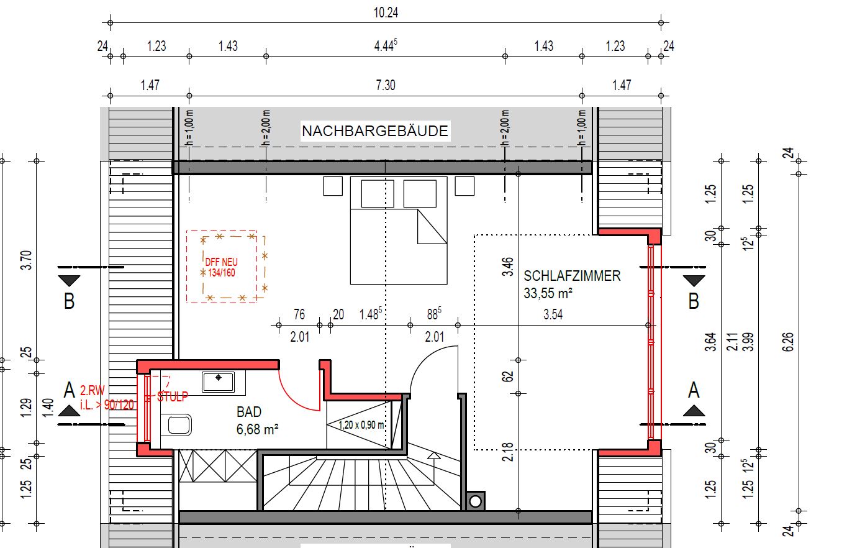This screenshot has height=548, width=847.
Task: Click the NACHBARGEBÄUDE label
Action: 374,131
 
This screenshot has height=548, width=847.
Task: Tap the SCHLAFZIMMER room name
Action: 572,276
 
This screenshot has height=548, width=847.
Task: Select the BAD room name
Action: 249,412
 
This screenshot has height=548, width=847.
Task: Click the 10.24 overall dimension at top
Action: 386,13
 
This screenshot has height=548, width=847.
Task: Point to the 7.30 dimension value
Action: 385,85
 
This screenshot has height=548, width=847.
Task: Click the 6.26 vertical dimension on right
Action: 787,342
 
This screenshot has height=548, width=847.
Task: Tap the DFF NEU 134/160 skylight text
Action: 221,267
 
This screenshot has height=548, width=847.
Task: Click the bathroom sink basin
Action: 218,381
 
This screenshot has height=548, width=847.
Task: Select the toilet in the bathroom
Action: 176,425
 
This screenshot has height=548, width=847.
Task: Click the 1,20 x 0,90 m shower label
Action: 361,425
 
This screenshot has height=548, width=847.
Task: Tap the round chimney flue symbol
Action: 475,501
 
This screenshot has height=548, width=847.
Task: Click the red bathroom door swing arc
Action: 293,396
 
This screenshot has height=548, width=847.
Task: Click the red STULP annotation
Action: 173,396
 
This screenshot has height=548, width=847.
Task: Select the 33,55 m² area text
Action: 548,293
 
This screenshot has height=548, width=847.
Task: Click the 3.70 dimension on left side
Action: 27,260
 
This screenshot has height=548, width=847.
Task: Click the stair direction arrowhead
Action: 434,455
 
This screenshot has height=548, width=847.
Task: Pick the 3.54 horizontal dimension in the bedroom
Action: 553,314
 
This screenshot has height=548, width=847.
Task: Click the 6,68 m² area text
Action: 257,429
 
